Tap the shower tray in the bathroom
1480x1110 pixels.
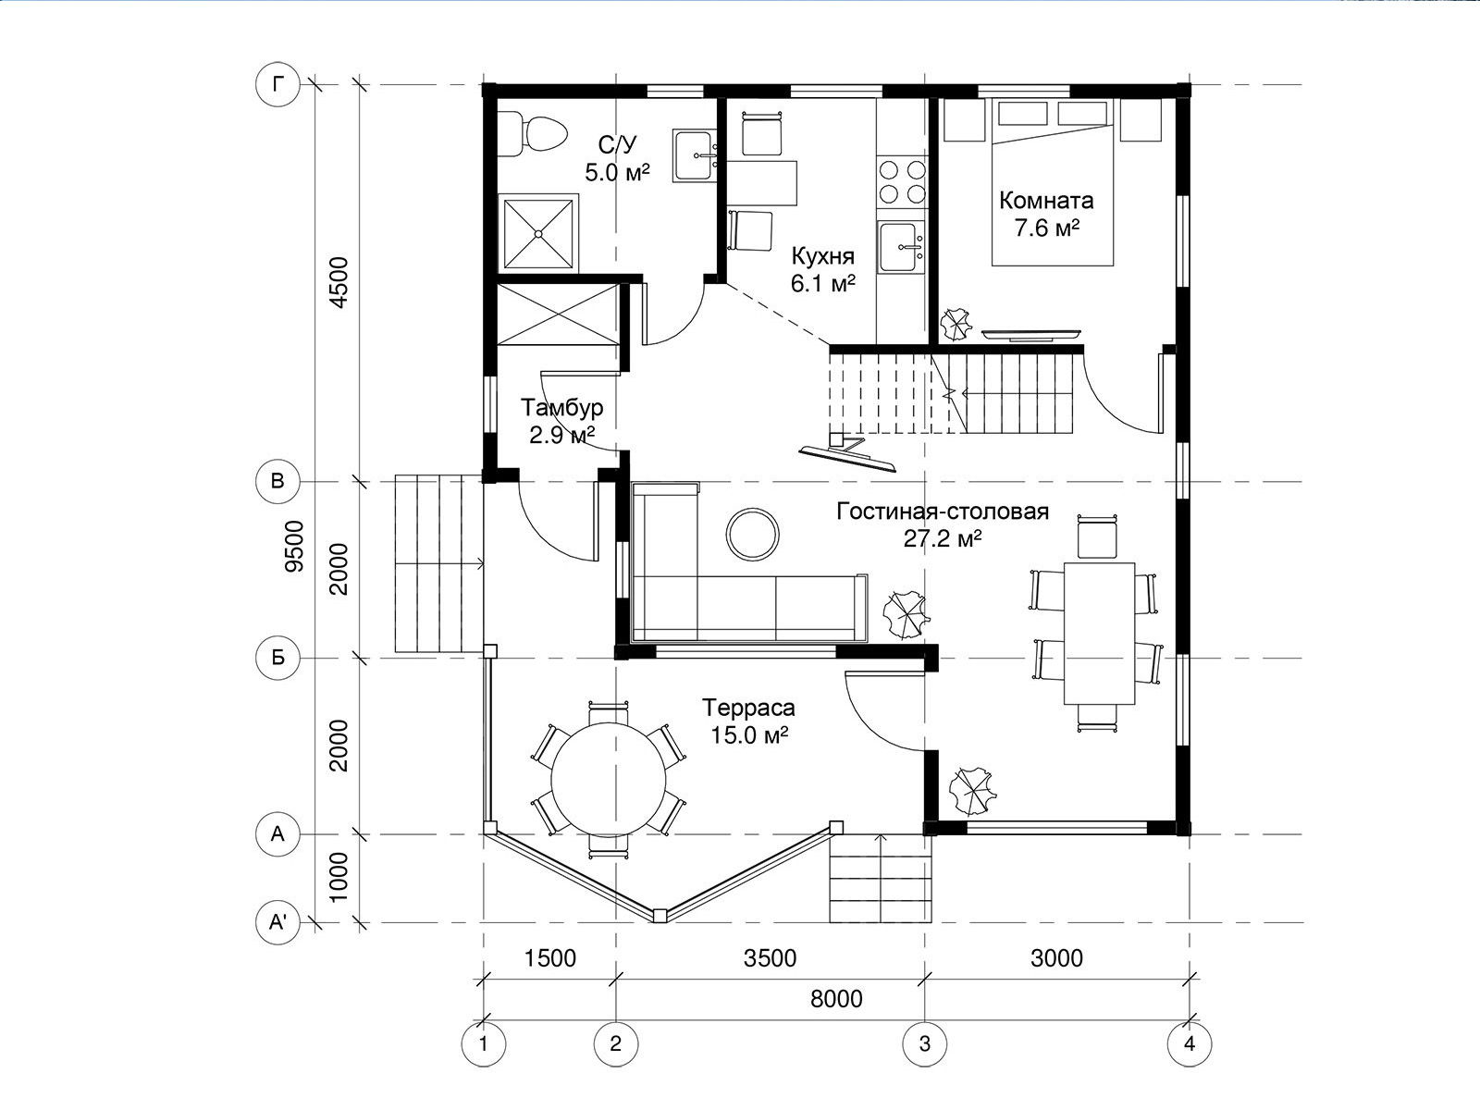(538, 233)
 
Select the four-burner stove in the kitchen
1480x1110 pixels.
(902, 180)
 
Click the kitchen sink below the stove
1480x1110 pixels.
(902, 247)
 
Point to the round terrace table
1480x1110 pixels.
(609, 780)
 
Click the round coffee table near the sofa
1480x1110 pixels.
(752, 536)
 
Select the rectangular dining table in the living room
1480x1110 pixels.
(1099, 634)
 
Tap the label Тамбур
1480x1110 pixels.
(561, 408)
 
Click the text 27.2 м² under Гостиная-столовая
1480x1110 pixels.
(942, 538)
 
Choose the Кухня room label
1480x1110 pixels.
(822, 256)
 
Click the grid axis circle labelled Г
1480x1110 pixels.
(277, 85)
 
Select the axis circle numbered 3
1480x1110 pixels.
(924, 1044)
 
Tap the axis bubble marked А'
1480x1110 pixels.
(277, 922)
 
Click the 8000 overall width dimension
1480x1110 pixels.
(836, 998)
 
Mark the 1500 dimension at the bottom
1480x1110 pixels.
(550, 957)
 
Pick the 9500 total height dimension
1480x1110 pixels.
(295, 546)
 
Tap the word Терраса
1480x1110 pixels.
(748, 708)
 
